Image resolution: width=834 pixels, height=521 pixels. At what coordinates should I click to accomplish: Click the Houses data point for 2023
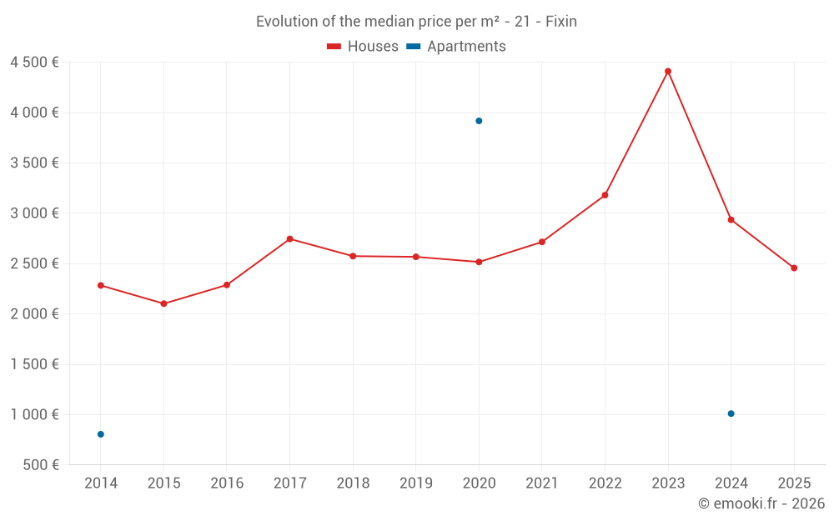(x=668, y=72)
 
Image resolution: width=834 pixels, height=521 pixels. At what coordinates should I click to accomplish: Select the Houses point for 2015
(x=163, y=303)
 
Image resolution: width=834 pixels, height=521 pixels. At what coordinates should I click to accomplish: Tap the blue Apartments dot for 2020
(x=479, y=121)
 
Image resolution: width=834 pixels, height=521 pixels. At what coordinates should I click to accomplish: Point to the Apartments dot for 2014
(x=101, y=434)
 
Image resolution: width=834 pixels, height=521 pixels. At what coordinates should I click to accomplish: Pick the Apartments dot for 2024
(x=731, y=413)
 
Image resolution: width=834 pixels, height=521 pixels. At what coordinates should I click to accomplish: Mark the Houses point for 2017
(x=289, y=239)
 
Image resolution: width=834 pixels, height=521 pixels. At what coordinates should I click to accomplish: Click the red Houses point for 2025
(x=794, y=268)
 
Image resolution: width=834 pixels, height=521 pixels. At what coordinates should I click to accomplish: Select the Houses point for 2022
(x=605, y=195)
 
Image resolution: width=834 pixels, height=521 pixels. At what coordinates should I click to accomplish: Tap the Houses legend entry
(x=363, y=47)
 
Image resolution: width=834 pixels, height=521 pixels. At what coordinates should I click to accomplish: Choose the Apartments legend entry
(x=457, y=47)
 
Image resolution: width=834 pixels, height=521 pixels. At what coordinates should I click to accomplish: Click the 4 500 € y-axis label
(x=34, y=63)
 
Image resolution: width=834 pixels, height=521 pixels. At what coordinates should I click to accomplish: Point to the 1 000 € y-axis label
(x=34, y=415)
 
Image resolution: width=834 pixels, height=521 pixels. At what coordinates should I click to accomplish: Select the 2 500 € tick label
(x=34, y=264)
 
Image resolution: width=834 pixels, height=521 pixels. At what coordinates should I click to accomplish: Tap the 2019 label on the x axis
(x=415, y=483)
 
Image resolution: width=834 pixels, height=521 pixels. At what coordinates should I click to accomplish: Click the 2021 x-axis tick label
(x=542, y=483)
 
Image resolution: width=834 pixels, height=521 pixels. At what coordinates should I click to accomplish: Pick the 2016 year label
(x=227, y=483)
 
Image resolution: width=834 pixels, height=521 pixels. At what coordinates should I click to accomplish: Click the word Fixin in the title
(x=560, y=22)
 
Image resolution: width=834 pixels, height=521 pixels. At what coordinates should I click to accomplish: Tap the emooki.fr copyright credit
(x=761, y=503)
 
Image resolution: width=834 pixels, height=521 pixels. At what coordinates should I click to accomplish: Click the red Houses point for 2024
(x=731, y=220)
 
